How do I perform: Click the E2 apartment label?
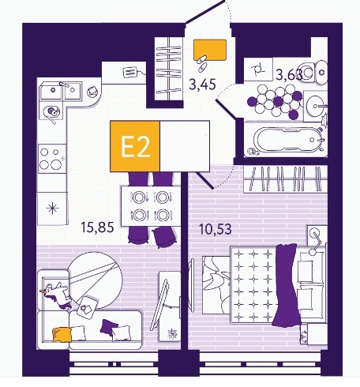coord(136,148)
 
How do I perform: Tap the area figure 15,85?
coord(97,227)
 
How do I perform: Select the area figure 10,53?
coord(216,229)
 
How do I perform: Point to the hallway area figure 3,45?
coord(202,85)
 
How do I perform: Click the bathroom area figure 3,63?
coord(289,75)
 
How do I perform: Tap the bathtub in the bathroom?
coord(286,139)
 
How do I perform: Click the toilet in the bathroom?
coord(314,72)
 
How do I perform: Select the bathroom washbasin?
coord(316,106)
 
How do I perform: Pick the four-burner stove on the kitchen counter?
coord(52,159)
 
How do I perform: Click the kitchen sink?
coord(61,91)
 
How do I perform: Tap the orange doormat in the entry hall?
coord(210,50)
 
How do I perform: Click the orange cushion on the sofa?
coord(62,335)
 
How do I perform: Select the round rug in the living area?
coord(95,280)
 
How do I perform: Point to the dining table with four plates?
coord(151,206)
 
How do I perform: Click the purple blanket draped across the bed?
coord(286,285)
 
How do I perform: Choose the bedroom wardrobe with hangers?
coord(286,179)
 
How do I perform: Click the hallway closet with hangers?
coord(169,69)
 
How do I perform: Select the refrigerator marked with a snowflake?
coord(52,209)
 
